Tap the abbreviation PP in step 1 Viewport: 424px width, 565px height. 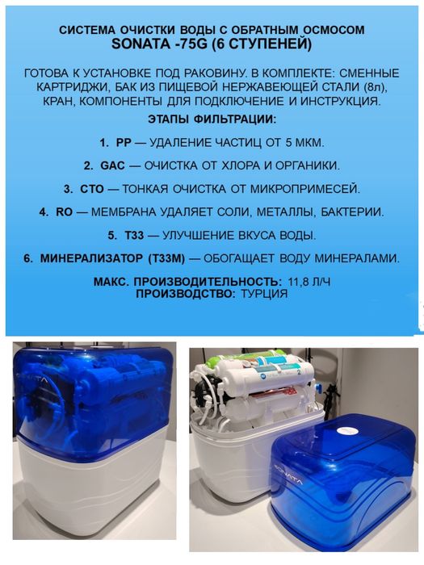123,142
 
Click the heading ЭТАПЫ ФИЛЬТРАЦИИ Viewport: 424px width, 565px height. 212,119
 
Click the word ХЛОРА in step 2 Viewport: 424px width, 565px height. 225,165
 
